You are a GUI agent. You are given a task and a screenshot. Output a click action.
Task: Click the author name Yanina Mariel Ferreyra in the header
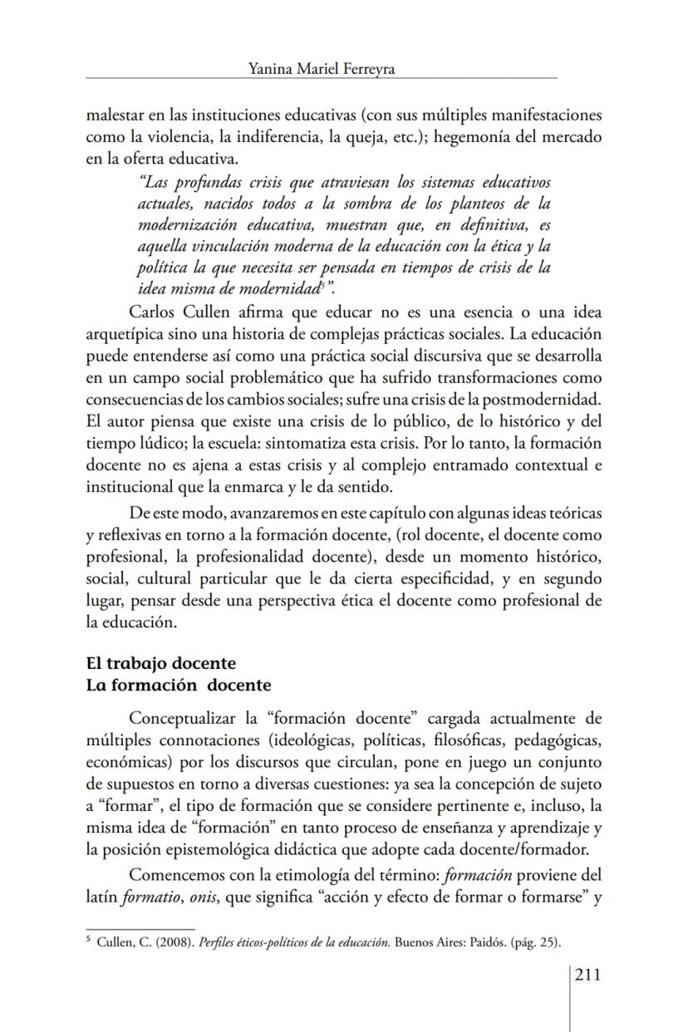(322, 70)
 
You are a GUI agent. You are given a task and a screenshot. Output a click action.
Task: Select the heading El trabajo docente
(161, 663)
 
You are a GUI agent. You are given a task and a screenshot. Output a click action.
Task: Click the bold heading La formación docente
(179, 686)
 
